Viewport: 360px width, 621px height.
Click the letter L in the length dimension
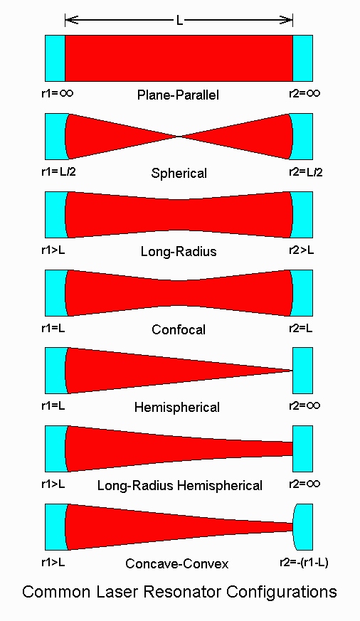(x=179, y=20)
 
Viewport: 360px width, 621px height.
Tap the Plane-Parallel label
(x=178, y=95)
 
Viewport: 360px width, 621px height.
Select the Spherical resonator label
(x=179, y=173)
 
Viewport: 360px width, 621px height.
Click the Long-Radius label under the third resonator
(x=179, y=251)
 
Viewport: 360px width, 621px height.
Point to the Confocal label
(x=179, y=329)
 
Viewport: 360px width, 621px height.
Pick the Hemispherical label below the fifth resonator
(x=177, y=407)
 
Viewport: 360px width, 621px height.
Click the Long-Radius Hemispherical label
(x=180, y=486)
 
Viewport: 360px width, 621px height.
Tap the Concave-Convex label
(x=176, y=563)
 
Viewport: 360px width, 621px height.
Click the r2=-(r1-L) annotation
(x=304, y=563)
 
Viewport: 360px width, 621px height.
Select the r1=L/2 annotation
(x=58, y=172)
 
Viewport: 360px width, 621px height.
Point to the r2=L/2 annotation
(x=305, y=172)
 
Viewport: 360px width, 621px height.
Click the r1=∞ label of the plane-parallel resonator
(x=58, y=93)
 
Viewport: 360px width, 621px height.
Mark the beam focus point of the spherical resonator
(x=179, y=137)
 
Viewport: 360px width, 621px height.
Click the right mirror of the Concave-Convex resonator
(x=303, y=527)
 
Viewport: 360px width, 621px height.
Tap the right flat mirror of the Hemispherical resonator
(x=302, y=371)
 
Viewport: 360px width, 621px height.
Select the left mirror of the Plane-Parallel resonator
(x=55, y=58)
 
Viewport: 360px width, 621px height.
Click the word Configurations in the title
(x=282, y=593)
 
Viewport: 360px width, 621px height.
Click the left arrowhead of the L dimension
(x=70, y=20)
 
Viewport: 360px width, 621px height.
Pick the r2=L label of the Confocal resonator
(x=300, y=329)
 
